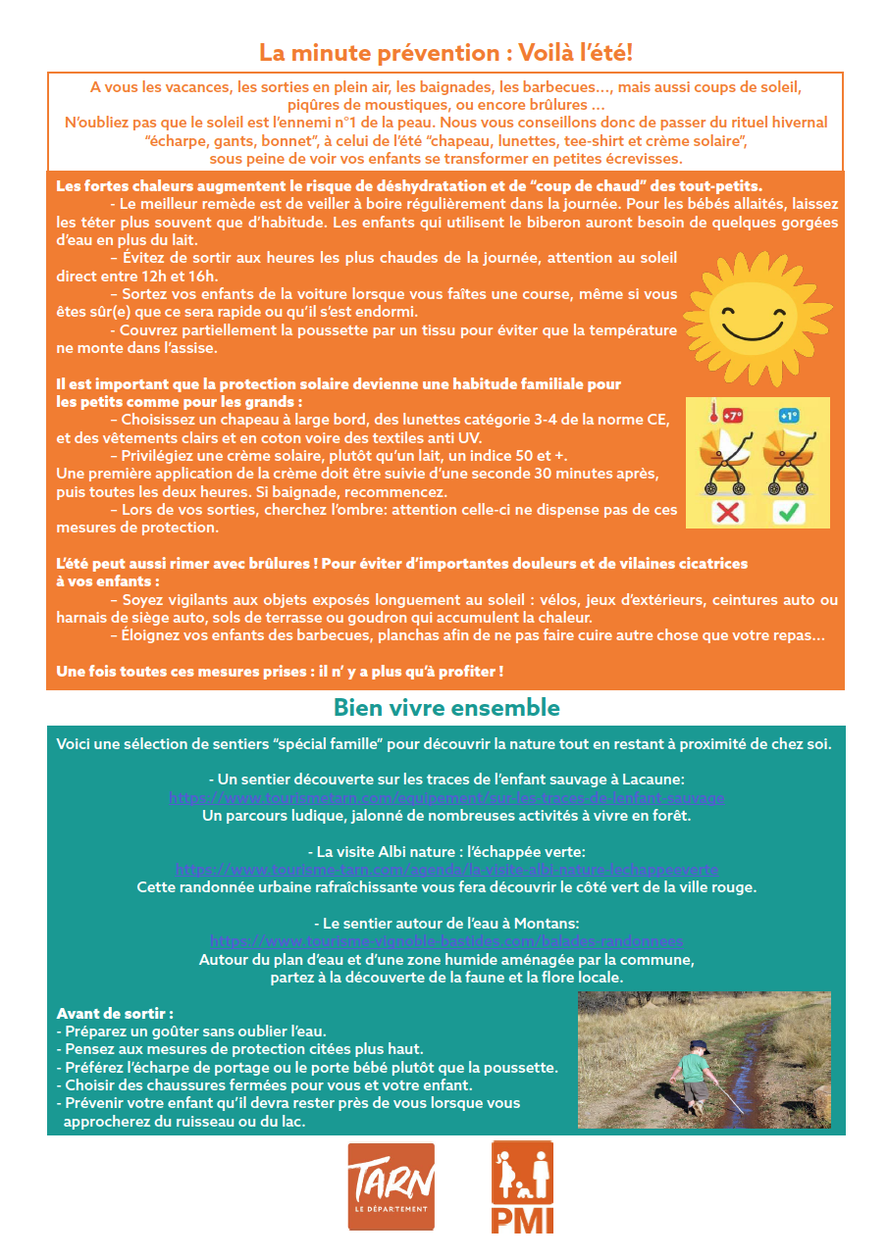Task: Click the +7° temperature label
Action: [732, 416]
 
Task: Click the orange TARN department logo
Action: [391, 1186]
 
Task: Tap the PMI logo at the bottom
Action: [522, 1186]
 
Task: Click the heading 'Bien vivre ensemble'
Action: [446, 708]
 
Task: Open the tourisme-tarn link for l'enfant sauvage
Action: [446, 798]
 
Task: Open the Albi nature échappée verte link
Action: [446, 870]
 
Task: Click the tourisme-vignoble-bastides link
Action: [446, 940]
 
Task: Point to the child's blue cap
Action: [698, 1047]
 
